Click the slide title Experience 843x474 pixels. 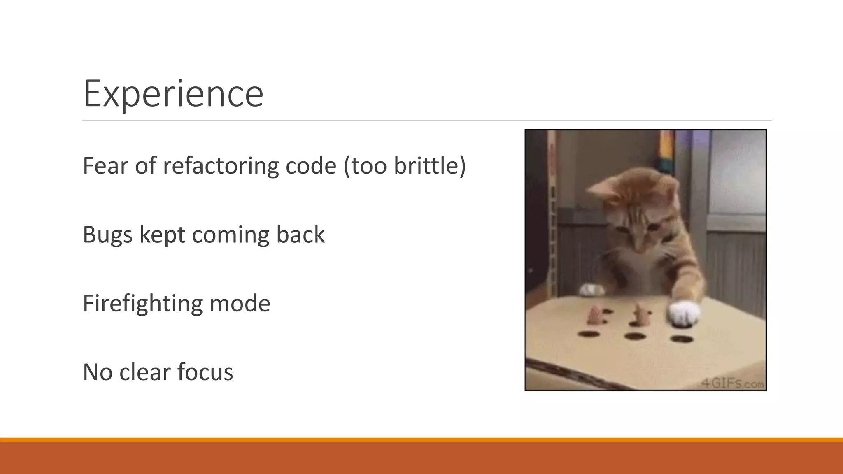[173, 94]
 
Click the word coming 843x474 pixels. [230, 235]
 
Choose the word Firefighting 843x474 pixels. [142, 304]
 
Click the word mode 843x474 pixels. [240, 304]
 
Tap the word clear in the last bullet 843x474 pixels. [144, 372]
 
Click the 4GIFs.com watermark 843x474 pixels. [733, 383]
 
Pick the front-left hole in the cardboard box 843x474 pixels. [589, 334]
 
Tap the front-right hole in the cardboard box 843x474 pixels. [682, 339]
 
